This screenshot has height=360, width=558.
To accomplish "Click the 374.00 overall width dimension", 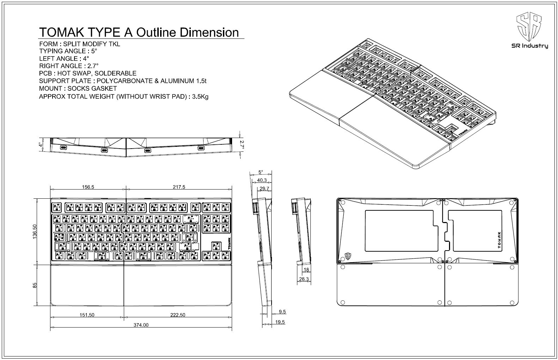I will point(141,325).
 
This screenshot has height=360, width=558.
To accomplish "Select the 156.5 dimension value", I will point(88,187).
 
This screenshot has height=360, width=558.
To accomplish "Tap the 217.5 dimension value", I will point(179,187).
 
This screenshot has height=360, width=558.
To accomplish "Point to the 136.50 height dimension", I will point(35,232).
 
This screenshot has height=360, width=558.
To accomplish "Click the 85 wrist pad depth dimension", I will point(35,285).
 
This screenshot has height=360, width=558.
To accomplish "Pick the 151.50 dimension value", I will point(87,315).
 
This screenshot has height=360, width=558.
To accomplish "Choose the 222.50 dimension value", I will point(177,315).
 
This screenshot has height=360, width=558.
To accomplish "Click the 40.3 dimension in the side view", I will point(262,180).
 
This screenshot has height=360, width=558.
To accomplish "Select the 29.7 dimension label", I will point(264,189).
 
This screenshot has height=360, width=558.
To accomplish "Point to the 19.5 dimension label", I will point(280,322).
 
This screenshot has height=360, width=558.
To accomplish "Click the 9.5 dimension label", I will point(282,312).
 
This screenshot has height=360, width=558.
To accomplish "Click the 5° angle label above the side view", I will point(261,172).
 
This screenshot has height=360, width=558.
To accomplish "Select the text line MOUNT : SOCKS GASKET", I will point(78,88).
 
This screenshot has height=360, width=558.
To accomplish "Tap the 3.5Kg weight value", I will point(200,96).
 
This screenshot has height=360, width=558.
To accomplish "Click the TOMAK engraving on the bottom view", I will point(499,240).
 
